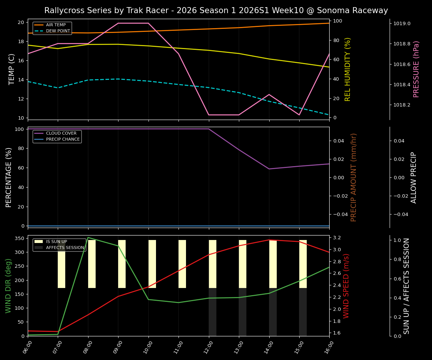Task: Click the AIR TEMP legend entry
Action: (55, 25)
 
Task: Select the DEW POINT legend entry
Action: (58, 31)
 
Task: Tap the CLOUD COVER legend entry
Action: (61, 133)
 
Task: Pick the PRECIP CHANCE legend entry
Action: (63, 139)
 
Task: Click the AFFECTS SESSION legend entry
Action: (65, 247)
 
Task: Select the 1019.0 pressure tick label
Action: (402, 24)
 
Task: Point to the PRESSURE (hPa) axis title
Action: (416, 69)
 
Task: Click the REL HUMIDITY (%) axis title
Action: (348, 69)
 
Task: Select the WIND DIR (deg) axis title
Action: (8, 286)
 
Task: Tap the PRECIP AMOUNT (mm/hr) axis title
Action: (354, 177)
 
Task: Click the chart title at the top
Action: (216, 10)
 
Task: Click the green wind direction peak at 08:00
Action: (88, 237)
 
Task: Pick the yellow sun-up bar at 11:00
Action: (182, 264)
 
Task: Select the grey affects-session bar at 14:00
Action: (273, 312)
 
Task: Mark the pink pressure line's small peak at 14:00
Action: (269, 94)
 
